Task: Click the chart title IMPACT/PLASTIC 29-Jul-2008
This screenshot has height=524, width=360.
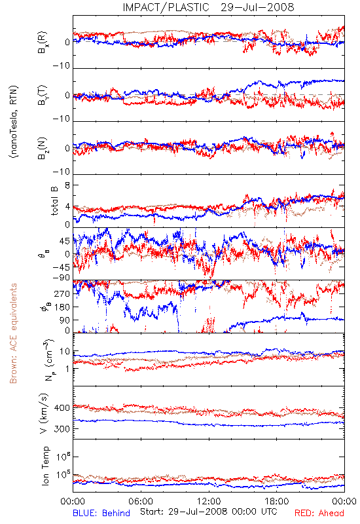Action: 209,7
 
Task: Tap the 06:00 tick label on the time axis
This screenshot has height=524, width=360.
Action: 141,501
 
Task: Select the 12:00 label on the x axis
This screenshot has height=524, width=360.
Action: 209,501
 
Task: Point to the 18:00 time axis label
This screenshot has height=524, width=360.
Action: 277,501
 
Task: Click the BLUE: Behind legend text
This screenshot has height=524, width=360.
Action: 101,513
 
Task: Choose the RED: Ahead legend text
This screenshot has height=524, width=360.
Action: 319,513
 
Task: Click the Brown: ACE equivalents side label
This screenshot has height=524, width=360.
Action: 13,333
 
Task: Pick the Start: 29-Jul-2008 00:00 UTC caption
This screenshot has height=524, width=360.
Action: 209,512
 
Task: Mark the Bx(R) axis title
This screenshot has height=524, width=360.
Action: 43,43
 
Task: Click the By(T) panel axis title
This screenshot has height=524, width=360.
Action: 43,95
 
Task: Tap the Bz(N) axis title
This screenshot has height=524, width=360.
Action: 43,148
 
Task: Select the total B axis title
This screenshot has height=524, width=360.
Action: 54,201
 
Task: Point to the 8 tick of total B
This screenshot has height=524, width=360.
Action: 67,185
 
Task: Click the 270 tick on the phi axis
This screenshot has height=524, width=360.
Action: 62,293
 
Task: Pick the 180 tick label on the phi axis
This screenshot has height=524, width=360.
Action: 62,307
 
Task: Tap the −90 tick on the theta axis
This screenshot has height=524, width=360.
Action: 62,278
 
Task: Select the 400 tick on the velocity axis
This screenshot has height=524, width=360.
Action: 62,407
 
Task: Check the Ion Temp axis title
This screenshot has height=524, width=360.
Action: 45,466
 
